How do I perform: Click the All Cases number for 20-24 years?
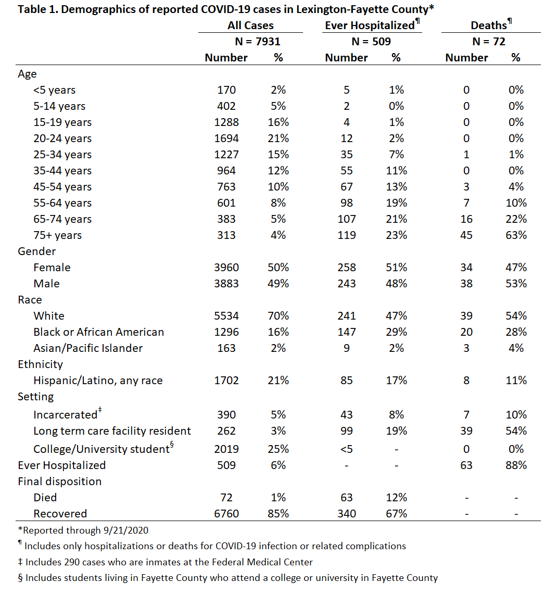tap(226, 138)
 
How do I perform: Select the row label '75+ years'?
tap(57, 235)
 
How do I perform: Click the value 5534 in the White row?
tap(226, 316)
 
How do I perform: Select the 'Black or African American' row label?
tap(98, 332)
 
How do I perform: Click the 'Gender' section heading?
tap(36, 251)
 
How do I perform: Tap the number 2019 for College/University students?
tap(226, 449)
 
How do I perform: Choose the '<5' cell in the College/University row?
tap(346, 449)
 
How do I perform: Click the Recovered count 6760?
tap(226, 514)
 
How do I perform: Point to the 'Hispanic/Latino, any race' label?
tap(98, 381)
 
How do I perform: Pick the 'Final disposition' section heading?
tap(59, 481)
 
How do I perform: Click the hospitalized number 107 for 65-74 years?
tap(346, 219)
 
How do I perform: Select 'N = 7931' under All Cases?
tap(258, 42)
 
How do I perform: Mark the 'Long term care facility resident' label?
tap(112, 431)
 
